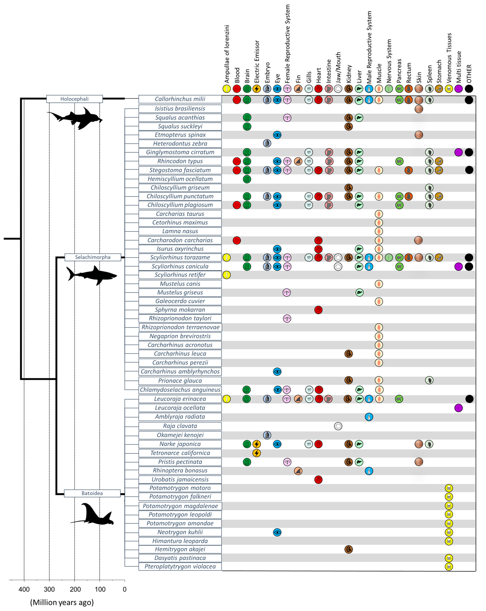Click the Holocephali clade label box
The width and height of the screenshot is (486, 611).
74,99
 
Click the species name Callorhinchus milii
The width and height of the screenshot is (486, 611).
180,99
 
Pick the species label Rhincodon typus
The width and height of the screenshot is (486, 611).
180,161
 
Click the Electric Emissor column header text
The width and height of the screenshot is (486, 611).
257,61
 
